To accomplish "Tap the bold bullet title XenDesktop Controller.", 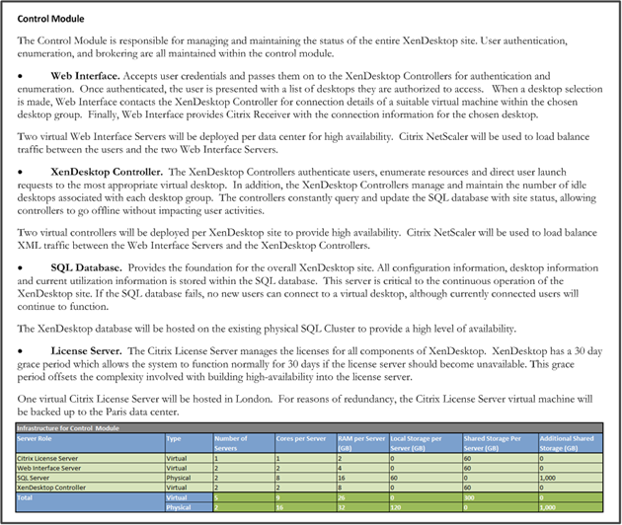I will pyautogui.click(x=106, y=171).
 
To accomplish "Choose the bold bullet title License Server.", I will pyautogui.click(x=90, y=349).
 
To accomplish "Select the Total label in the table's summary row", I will pyautogui.click(x=29, y=497).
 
